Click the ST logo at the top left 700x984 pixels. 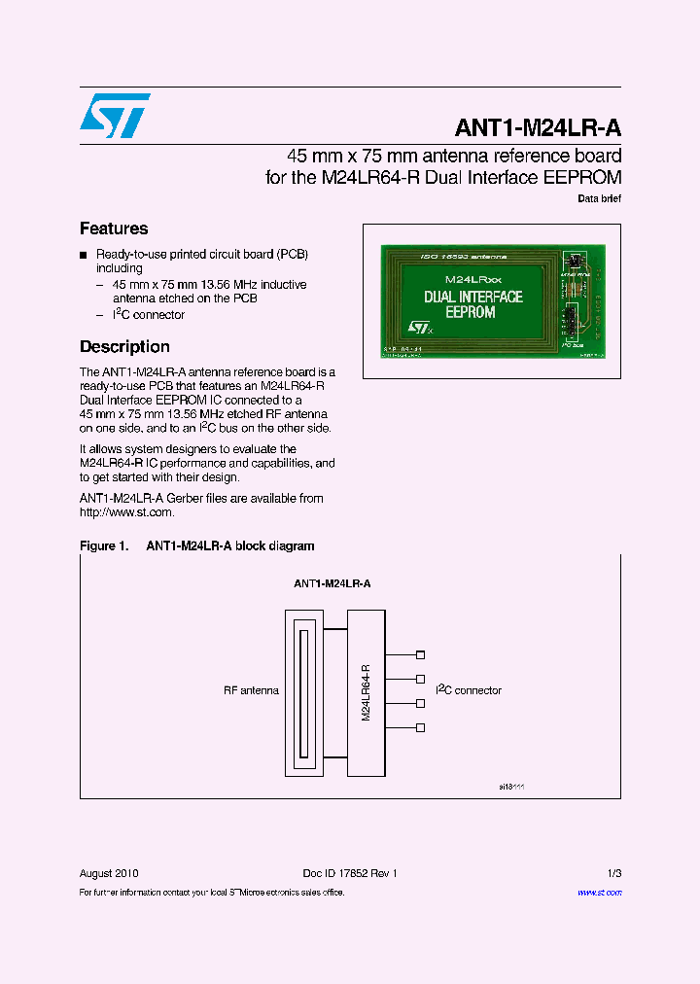pyautogui.click(x=115, y=115)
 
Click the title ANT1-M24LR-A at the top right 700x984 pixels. pyautogui.click(x=538, y=128)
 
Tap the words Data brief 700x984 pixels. pyautogui.click(x=599, y=198)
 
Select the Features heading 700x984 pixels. pyautogui.click(x=114, y=228)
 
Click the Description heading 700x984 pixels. pyautogui.click(x=124, y=347)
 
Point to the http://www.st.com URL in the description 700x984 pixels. pyautogui.click(x=126, y=512)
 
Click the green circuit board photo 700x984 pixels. pyautogui.click(x=491, y=301)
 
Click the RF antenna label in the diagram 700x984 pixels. pyautogui.click(x=251, y=690)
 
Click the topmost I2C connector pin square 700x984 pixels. pyautogui.click(x=420, y=654)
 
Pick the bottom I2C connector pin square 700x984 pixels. pyautogui.click(x=420, y=727)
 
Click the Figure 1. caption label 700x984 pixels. pyautogui.click(x=104, y=546)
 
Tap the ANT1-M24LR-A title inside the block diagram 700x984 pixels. pyautogui.click(x=332, y=584)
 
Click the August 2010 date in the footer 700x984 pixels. pyautogui.click(x=108, y=873)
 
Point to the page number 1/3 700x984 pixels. pyautogui.click(x=613, y=873)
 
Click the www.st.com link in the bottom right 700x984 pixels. pyautogui.click(x=599, y=892)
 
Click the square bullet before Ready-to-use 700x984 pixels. pyautogui.click(x=84, y=255)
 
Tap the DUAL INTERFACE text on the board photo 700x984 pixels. pyautogui.click(x=473, y=297)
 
